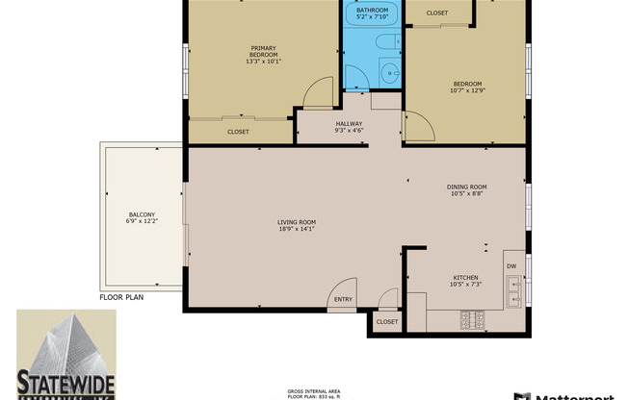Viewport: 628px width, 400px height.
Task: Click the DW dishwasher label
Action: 510,266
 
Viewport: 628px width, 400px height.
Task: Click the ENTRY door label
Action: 343,299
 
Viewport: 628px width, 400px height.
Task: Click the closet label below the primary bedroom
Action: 238,132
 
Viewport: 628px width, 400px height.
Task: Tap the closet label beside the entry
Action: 387,321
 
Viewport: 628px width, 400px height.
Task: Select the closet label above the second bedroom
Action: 437,12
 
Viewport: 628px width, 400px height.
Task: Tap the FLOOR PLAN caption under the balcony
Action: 121,297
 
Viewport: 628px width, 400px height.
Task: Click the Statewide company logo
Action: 65,354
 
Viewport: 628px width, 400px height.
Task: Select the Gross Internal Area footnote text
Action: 314,393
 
